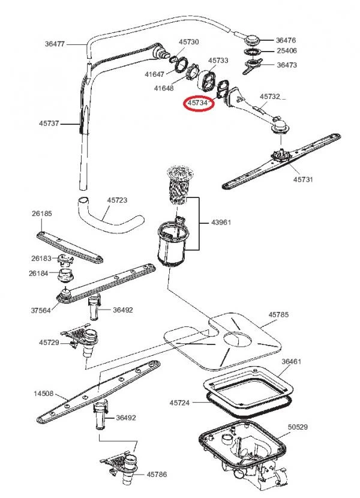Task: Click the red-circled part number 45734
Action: (197, 103)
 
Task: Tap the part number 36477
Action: (55, 44)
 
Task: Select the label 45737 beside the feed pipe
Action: (49, 123)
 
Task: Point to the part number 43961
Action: (221, 223)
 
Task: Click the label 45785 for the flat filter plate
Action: (278, 314)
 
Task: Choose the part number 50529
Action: (298, 427)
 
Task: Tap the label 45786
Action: (157, 474)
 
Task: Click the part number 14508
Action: (44, 394)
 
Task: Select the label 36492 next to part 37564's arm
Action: (123, 310)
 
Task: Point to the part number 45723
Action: (117, 200)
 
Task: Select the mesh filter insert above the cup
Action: (179, 185)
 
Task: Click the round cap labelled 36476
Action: (252, 40)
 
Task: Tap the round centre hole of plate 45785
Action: (238, 340)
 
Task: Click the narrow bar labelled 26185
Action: (70, 247)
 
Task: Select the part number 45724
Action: (179, 403)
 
